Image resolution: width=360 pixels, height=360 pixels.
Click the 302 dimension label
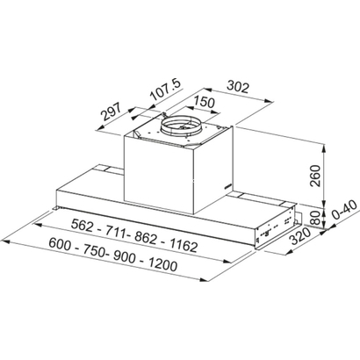[238, 87]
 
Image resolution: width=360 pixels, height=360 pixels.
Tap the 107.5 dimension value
[166, 90]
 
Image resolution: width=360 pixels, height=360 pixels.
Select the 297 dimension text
[111, 112]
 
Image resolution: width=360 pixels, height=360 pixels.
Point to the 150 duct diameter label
[205, 102]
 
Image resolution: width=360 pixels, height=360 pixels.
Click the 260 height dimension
[315, 176]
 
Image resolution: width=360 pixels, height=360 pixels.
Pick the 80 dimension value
[315, 217]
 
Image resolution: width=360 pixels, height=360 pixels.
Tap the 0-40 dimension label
[344, 210]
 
